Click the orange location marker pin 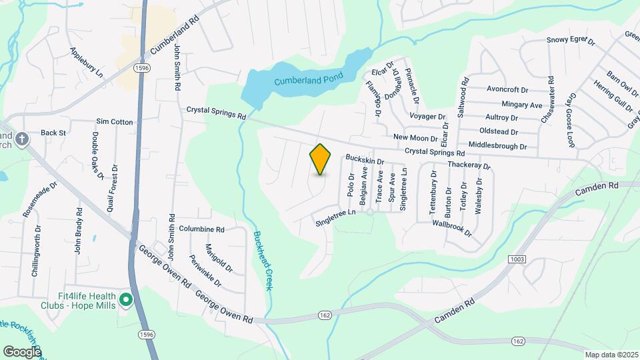[x=321, y=159]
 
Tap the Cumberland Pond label [x=308, y=80]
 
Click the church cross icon [x=22, y=139]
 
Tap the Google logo [x=22, y=351]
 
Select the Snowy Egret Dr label [x=571, y=40]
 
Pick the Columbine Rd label [x=201, y=229]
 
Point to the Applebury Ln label [x=86, y=61]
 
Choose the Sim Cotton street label [x=115, y=122]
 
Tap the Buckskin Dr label [x=365, y=161]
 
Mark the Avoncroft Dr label [x=507, y=89]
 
